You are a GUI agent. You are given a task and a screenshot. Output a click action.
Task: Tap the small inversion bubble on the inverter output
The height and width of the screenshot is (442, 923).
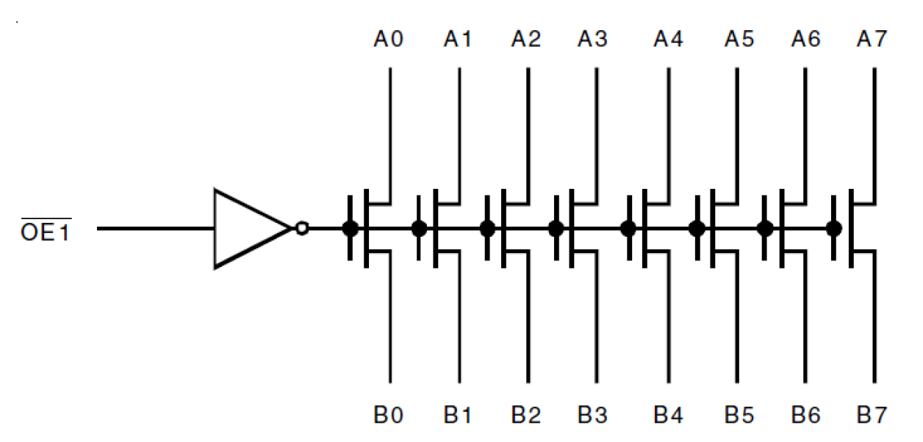[x=301, y=228]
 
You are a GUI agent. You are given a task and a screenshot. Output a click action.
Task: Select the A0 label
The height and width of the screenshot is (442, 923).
[x=387, y=38]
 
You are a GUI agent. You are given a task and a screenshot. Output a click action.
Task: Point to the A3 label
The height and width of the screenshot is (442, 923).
[x=592, y=38]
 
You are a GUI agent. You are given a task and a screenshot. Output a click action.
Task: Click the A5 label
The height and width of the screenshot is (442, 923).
[x=739, y=38]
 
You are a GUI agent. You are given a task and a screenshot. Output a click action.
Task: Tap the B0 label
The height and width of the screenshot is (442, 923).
[x=387, y=416]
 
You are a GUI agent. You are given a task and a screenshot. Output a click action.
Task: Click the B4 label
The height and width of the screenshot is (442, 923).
[x=668, y=416]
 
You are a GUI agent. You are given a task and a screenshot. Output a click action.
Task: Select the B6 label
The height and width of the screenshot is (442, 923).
[x=806, y=416]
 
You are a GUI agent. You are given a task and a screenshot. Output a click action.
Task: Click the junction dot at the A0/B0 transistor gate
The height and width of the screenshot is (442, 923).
[x=351, y=228]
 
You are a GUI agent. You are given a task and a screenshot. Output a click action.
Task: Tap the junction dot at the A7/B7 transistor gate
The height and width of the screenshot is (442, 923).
[x=833, y=228]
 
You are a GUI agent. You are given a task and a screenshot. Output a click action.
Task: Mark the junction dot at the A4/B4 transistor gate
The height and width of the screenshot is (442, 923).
[x=628, y=228]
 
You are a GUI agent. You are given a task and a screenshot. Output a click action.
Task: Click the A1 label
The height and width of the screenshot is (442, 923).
[x=456, y=38]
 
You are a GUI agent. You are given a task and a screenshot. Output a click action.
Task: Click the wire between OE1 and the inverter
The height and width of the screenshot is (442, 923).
[x=154, y=228]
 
